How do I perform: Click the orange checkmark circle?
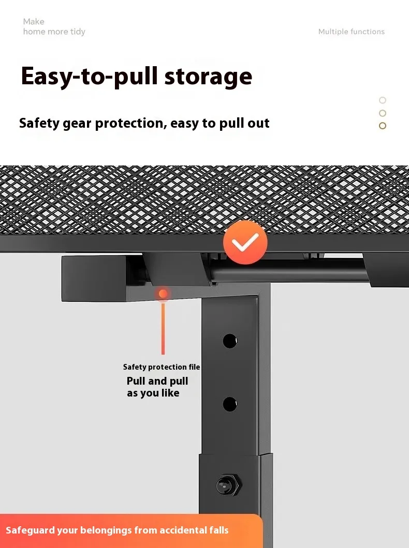click(x=245, y=242)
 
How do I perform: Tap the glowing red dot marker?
click(x=163, y=294)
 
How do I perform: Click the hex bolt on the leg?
click(x=229, y=485)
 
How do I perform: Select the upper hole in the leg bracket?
click(x=229, y=341)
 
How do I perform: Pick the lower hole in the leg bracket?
click(x=229, y=404)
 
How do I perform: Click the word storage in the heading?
click(x=208, y=77)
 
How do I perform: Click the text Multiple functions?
click(x=351, y=32)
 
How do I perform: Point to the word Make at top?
click(x=34, y=21)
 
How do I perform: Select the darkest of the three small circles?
click(x=383, y=126)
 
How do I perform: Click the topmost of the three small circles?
click(x=383, y=100)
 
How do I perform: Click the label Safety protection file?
click(x=162, y=367)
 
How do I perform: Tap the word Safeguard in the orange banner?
click(x=30, y=530)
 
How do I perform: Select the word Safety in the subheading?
click(x=39, y=124)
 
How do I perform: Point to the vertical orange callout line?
click(x=163, y=328)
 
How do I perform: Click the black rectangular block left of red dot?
click(x=94, y=279)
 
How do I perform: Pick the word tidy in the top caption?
click(x=78, y=32)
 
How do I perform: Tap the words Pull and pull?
click(x=157, y=381)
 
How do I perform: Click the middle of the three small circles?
click(x=383, y=113)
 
